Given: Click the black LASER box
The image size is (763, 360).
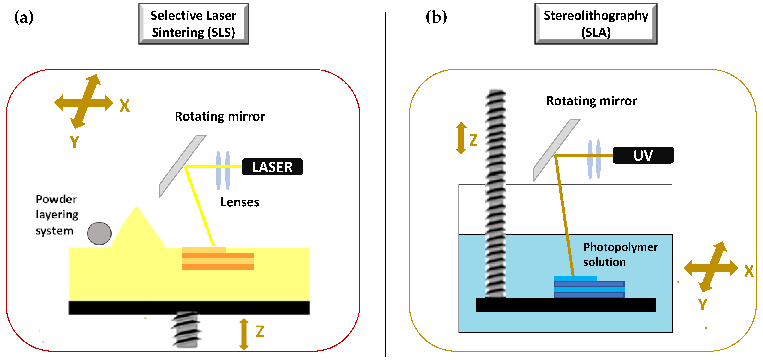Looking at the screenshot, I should coord(272,167).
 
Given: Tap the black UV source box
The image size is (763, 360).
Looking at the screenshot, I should coord(643,155).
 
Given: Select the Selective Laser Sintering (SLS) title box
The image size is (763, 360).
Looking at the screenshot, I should coord(193,24).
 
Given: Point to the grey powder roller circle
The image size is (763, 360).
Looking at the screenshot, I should coord(99,233).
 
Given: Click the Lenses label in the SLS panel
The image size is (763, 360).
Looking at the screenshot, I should coord(240,202).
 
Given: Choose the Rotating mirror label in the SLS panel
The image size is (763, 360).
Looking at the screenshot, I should coord(220,116).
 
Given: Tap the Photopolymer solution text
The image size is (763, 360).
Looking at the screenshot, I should coord(620,254).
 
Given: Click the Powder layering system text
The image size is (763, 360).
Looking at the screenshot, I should coord(57,215).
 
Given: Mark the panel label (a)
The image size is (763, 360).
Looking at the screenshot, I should coord(24,17).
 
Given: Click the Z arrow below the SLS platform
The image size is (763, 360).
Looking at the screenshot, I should coord(244,334).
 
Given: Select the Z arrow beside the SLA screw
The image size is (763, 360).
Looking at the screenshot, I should coord(461,138).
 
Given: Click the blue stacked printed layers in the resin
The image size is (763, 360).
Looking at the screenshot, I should coord(589,287).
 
